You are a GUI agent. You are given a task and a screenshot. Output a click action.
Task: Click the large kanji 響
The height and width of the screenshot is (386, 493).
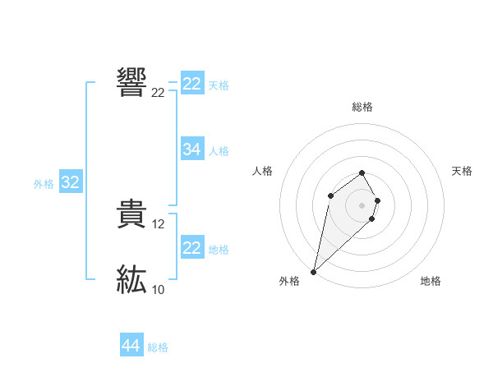pos(132,82)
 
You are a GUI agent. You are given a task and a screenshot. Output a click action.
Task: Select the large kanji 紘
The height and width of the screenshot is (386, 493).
pos(132,280)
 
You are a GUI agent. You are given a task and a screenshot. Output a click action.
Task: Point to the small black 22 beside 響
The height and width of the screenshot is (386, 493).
pos(158,93)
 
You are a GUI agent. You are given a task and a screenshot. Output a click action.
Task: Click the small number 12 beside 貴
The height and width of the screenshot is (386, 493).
pos(159,223)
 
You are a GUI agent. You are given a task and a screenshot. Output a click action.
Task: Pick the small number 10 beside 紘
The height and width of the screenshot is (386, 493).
pos(158,289)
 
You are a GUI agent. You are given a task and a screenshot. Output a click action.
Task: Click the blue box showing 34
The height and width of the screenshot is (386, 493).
pos(192,149)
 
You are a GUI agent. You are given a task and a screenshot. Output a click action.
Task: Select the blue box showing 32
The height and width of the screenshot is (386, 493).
pos(70,182)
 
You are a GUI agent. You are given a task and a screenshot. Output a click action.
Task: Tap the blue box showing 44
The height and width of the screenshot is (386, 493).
pos(131,346)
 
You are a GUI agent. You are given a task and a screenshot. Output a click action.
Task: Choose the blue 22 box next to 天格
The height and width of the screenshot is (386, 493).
pos(192,84)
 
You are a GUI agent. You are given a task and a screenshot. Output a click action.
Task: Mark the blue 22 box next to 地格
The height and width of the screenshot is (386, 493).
pos(192,248)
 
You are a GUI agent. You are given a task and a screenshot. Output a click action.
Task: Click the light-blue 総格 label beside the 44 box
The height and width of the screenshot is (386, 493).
pos(158,347)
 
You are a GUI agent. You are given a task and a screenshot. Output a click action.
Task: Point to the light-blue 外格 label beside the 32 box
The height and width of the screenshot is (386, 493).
pos(44,184)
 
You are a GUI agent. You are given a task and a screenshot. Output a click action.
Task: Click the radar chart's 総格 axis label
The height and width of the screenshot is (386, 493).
pos(362,107)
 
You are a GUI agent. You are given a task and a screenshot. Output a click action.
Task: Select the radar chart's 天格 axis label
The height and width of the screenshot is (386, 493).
pos(462,171)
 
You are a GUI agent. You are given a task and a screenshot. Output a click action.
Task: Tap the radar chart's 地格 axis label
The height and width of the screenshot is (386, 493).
pos(431,282)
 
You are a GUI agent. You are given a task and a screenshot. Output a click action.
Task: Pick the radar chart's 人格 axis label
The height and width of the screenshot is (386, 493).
pos(263,171)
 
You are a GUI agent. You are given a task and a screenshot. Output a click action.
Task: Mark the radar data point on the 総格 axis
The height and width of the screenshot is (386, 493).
pos(362,172)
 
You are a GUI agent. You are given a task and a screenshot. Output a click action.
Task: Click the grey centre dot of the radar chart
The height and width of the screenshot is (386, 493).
pos(362,204)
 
